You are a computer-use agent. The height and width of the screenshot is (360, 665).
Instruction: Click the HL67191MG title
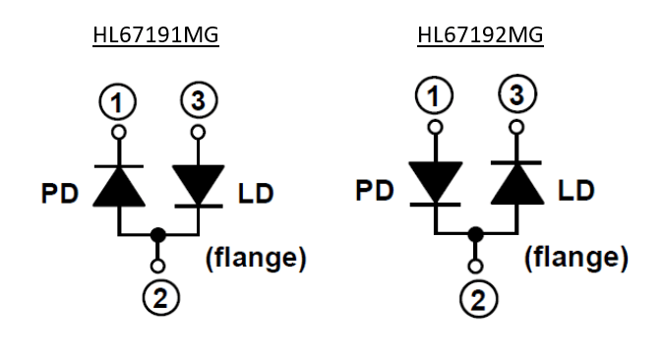point(155,35)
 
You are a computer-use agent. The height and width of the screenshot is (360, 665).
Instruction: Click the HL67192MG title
point(480,35)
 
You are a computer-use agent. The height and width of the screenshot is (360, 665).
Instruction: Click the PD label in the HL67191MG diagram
point(60,194)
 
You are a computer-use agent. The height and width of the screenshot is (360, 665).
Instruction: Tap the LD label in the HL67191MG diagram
point(256,194)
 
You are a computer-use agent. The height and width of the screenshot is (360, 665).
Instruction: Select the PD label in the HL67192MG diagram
point(375,190)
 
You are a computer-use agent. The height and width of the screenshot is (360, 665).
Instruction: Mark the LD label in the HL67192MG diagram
point(575,190)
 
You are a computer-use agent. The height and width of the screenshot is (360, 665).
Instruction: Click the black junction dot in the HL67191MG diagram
point(158,234)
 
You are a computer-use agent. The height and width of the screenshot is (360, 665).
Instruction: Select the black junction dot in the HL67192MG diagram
point(475,234)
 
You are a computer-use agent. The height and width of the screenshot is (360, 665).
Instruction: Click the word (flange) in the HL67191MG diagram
point(256,258)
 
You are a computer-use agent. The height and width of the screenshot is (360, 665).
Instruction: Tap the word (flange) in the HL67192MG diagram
point(576,257)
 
